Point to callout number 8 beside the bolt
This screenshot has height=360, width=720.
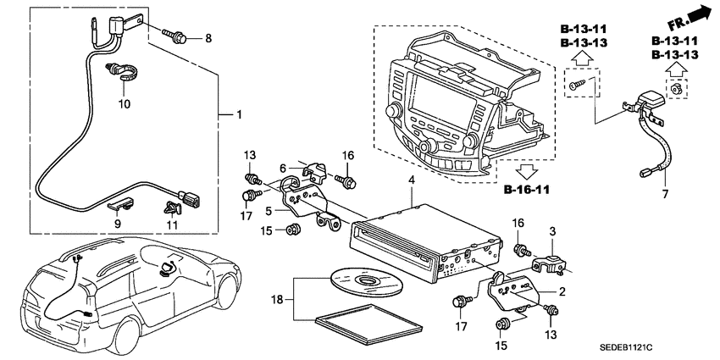[x=209, y=38]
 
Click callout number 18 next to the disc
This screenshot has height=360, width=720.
[x=274, y=299]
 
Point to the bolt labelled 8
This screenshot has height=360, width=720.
[x=180, y=37]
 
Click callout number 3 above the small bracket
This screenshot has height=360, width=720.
[x=552, y=230]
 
